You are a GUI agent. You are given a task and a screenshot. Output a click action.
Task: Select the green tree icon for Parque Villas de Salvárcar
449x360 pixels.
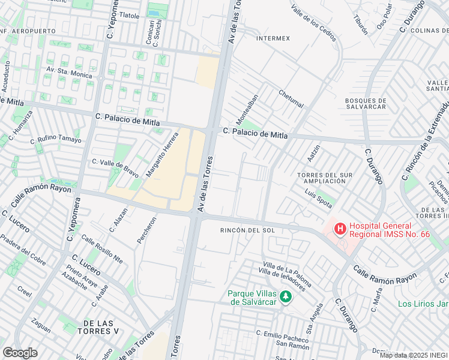[286, 296]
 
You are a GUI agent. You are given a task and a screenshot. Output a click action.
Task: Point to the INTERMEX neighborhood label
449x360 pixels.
[273, 38]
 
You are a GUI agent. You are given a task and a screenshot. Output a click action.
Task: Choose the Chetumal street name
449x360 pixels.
[291, 99]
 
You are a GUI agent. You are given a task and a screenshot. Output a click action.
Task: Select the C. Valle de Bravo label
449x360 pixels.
[115, 163]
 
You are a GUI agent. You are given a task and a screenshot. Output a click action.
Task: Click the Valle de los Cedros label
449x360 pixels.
[312, 19]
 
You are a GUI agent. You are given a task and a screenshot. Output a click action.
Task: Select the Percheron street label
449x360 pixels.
[146, 230]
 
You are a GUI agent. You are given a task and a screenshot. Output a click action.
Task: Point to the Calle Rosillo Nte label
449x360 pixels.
[102, 249]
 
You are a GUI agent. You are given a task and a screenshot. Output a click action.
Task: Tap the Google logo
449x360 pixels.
[20, 352]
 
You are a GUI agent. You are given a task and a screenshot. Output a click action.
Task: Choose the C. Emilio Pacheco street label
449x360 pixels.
[282, 334]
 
